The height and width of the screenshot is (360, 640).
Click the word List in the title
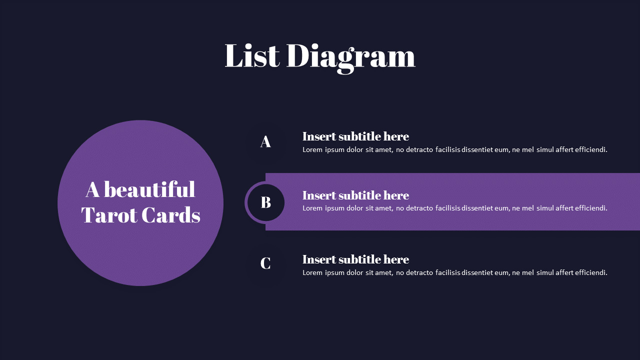coord(251,55)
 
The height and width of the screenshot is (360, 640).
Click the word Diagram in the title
coord(350,56)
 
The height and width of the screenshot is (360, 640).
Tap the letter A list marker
coord(265,141)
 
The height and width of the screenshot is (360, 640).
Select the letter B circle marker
coord(265,202)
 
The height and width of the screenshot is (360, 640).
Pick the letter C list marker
coord(265,263)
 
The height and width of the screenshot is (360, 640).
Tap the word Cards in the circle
coord(170,215)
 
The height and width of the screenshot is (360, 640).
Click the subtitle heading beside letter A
coord(355,136)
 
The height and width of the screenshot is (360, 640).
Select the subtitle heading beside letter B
coord(355,195)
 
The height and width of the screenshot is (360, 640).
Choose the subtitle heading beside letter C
coord(355,259)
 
